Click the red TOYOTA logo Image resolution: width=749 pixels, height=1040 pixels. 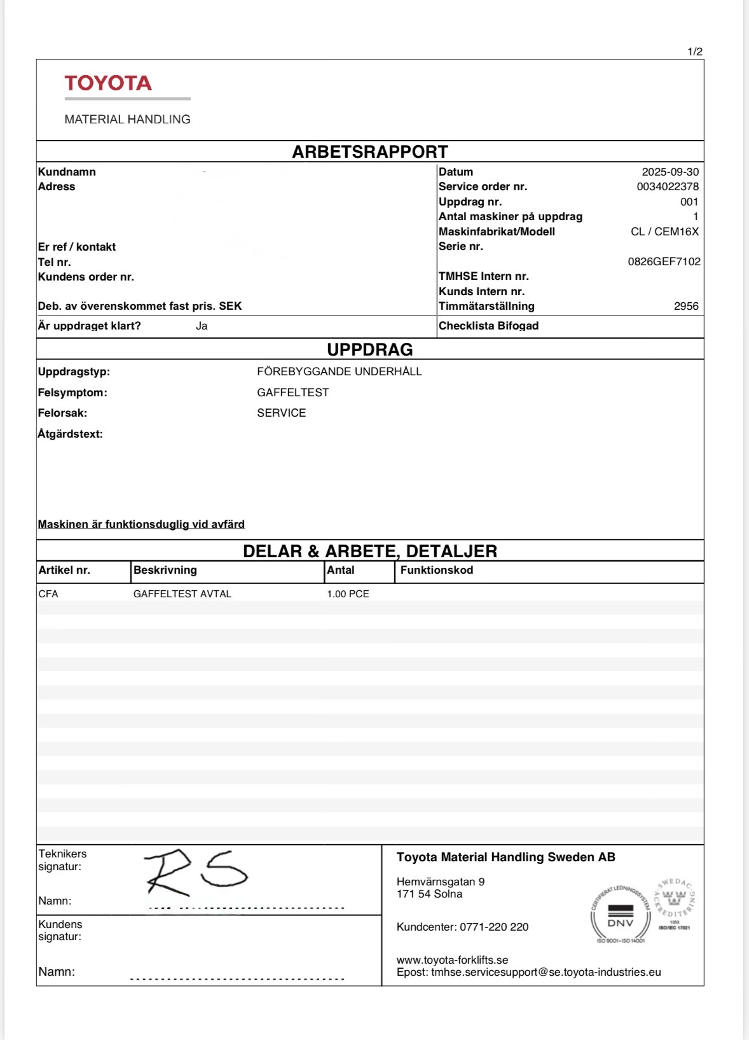click(108, 83)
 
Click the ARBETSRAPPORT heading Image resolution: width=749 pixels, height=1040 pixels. click(370, 152)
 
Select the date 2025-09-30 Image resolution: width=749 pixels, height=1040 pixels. click(670, 172)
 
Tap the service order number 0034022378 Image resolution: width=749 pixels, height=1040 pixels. click(667, 186)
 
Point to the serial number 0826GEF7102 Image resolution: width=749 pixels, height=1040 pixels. click(664, 261)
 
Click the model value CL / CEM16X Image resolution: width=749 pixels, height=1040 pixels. click(664, 232)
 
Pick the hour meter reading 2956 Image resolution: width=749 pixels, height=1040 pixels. click(686, 306)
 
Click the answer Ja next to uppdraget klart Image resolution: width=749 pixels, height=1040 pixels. click(202, 326)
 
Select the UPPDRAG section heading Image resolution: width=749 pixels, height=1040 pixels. click(370, 349)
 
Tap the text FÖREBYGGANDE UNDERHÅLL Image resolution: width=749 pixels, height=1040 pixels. click(340, 371)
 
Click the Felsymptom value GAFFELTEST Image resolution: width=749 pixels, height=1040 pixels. click(293, 392)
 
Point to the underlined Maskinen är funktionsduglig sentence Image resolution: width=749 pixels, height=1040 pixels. click(141, 524)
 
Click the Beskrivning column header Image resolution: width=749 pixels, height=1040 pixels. click(165, 570)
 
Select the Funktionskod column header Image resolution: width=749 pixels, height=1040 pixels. click(437, 570)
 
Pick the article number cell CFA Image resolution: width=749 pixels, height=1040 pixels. click(48, 593)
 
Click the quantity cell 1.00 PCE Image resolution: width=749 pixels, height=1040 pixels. click(348, 593)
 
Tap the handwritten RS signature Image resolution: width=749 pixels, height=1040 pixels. click(195, 872)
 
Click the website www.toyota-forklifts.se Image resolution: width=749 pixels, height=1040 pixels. click(452, 960)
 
